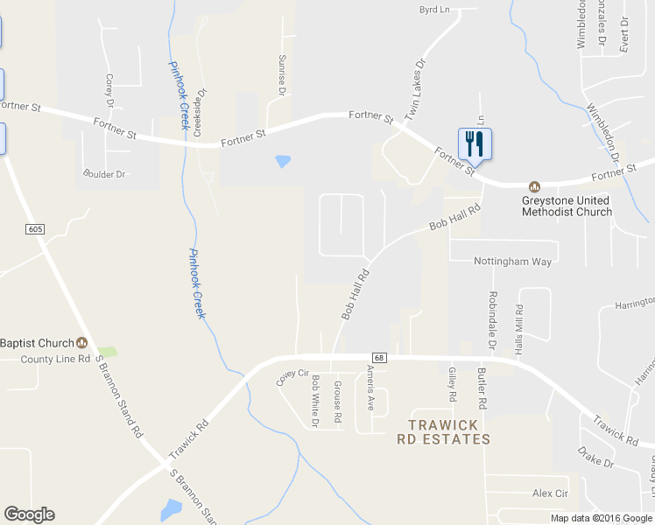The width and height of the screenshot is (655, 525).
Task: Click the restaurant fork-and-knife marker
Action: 475,143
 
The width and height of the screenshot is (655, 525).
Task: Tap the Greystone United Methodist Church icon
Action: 532,187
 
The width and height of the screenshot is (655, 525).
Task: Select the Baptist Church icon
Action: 82,343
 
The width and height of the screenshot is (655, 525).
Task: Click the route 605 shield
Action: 34,229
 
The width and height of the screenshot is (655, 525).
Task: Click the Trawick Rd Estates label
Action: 443,432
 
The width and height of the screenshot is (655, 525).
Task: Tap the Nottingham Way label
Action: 513,262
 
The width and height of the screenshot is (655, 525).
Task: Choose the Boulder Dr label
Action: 104,174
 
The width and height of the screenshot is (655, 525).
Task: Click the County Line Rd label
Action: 56,359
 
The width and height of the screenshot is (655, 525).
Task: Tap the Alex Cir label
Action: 551,493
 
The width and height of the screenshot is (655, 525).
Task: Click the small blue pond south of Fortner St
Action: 282,161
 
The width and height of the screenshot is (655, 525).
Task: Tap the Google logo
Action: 29,514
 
